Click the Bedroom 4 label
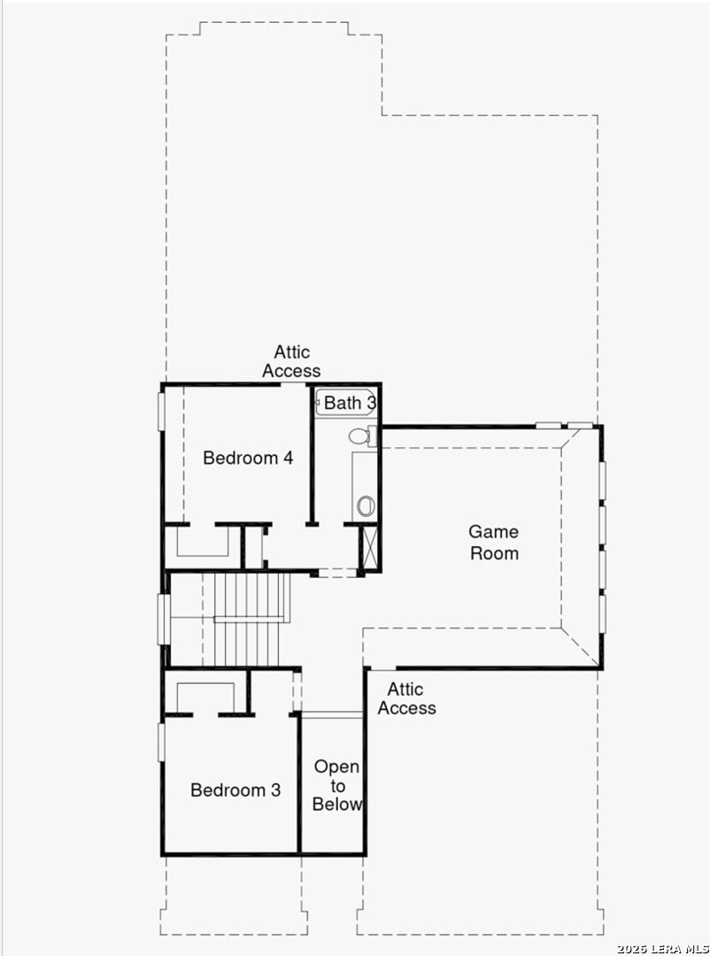point(248,458)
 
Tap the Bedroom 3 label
point(235,790)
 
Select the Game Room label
point(494,542)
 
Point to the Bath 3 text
point(350,403)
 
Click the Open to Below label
point(337,785)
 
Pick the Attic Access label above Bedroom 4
point(291,361)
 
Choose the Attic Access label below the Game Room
point(406,698)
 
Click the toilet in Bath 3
point(362,436)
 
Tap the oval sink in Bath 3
point(366,506)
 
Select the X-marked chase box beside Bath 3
point(370,547)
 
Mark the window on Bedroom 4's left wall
point(162,412)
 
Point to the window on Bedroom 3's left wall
point(162,742)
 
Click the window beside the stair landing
point(163,619)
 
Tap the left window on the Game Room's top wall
point(548,426)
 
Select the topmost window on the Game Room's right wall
point(602,482)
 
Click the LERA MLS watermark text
point(662,949)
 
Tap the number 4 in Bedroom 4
point(288,458)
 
